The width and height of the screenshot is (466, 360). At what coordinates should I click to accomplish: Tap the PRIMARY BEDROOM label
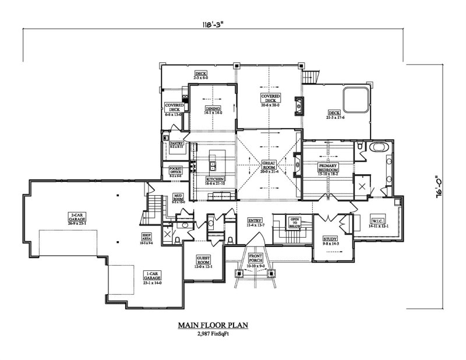coord(327,168)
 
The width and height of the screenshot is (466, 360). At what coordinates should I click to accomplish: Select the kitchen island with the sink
coord(214,160)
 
